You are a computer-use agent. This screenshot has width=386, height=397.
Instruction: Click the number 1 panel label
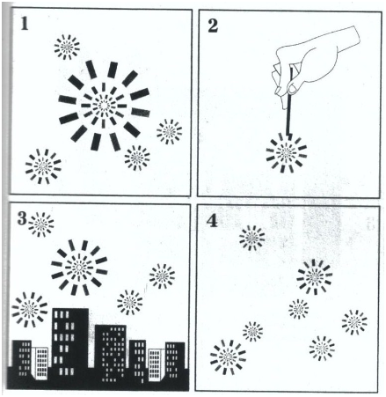(x=25, y=23)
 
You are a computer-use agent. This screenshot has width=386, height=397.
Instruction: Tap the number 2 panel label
(x=213, y=26)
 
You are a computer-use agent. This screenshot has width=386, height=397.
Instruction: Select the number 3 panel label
(x=22, y=218)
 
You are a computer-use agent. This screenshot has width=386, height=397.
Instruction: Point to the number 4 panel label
(x=212, y=221)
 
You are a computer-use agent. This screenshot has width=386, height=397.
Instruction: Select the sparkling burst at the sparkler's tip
(x=286, y=152)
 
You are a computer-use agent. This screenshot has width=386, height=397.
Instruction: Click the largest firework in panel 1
(x=104, y=106)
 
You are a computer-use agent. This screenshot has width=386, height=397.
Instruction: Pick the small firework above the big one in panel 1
(x=67, y=47)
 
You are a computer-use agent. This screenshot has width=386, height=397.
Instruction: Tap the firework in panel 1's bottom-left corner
(x=43, y=166)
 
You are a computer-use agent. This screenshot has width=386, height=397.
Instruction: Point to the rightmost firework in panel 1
(x=169, y=132)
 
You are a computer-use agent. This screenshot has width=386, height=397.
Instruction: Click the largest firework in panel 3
(x=79, y=268)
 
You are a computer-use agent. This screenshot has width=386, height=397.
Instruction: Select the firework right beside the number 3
(x=41, y=224)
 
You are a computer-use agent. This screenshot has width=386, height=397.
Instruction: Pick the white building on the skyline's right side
(x=156, y=364)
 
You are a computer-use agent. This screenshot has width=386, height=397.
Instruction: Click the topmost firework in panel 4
(x=251, y=238)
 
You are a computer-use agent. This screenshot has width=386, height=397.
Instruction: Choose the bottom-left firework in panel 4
(x=228, y=357)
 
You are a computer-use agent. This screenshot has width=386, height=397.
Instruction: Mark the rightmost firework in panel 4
(x=354, y=322)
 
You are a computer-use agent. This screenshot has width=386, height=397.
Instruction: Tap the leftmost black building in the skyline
(x=21, y=358)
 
